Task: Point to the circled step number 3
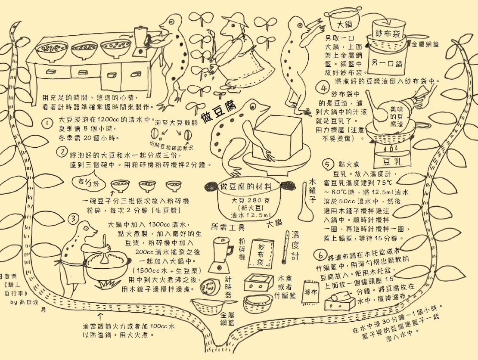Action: (74, 218)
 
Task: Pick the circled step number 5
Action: (328, 164)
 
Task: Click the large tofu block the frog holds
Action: (273, 137)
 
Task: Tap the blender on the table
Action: (139, 40)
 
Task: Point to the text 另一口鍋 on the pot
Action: (386, 63)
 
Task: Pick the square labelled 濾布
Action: (310, 292)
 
